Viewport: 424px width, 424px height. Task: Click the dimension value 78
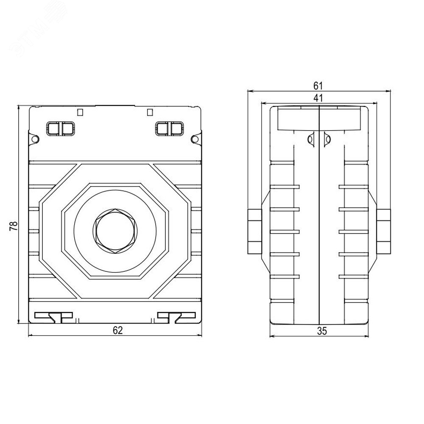pyautogui.click(x=13, y=226)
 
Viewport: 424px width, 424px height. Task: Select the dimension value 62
pyautogui.click(x=117, y=330)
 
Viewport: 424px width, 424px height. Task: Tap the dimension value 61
pyautogui.click(x=318, y=86)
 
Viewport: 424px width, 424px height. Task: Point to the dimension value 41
pyautogui.click(x=318, y=98)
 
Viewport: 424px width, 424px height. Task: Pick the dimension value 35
pyautogui.click(x=322, y=331)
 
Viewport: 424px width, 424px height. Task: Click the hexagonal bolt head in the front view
pyautogui.click(x=115, y=231)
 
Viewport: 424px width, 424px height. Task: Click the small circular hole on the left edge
pyautogui.click(x=35, y=139)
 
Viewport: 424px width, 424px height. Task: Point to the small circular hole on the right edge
pyautogui.click(x=195, y=139)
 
